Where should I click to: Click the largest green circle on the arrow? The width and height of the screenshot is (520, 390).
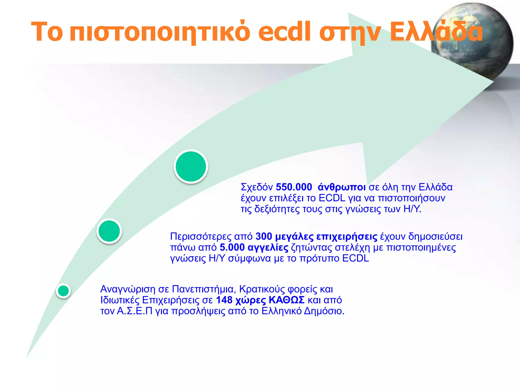191,167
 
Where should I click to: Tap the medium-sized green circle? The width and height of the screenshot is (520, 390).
109,231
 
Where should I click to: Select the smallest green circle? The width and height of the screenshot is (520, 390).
63,291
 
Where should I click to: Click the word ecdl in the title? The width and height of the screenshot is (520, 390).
284,32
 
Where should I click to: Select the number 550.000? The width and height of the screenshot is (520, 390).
294,187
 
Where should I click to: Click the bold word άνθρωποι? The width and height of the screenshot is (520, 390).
342,187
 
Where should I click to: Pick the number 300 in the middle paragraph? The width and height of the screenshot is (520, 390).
264,236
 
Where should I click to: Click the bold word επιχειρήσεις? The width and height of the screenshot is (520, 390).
347,237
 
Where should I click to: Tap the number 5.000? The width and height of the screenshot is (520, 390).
232,247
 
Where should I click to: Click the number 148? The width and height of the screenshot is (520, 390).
224,300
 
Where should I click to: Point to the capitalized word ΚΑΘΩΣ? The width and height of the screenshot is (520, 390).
286,300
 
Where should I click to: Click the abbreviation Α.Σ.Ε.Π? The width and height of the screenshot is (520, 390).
134,311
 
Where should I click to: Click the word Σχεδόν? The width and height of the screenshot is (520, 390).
256,187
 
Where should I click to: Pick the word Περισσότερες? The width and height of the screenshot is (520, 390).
201,237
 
